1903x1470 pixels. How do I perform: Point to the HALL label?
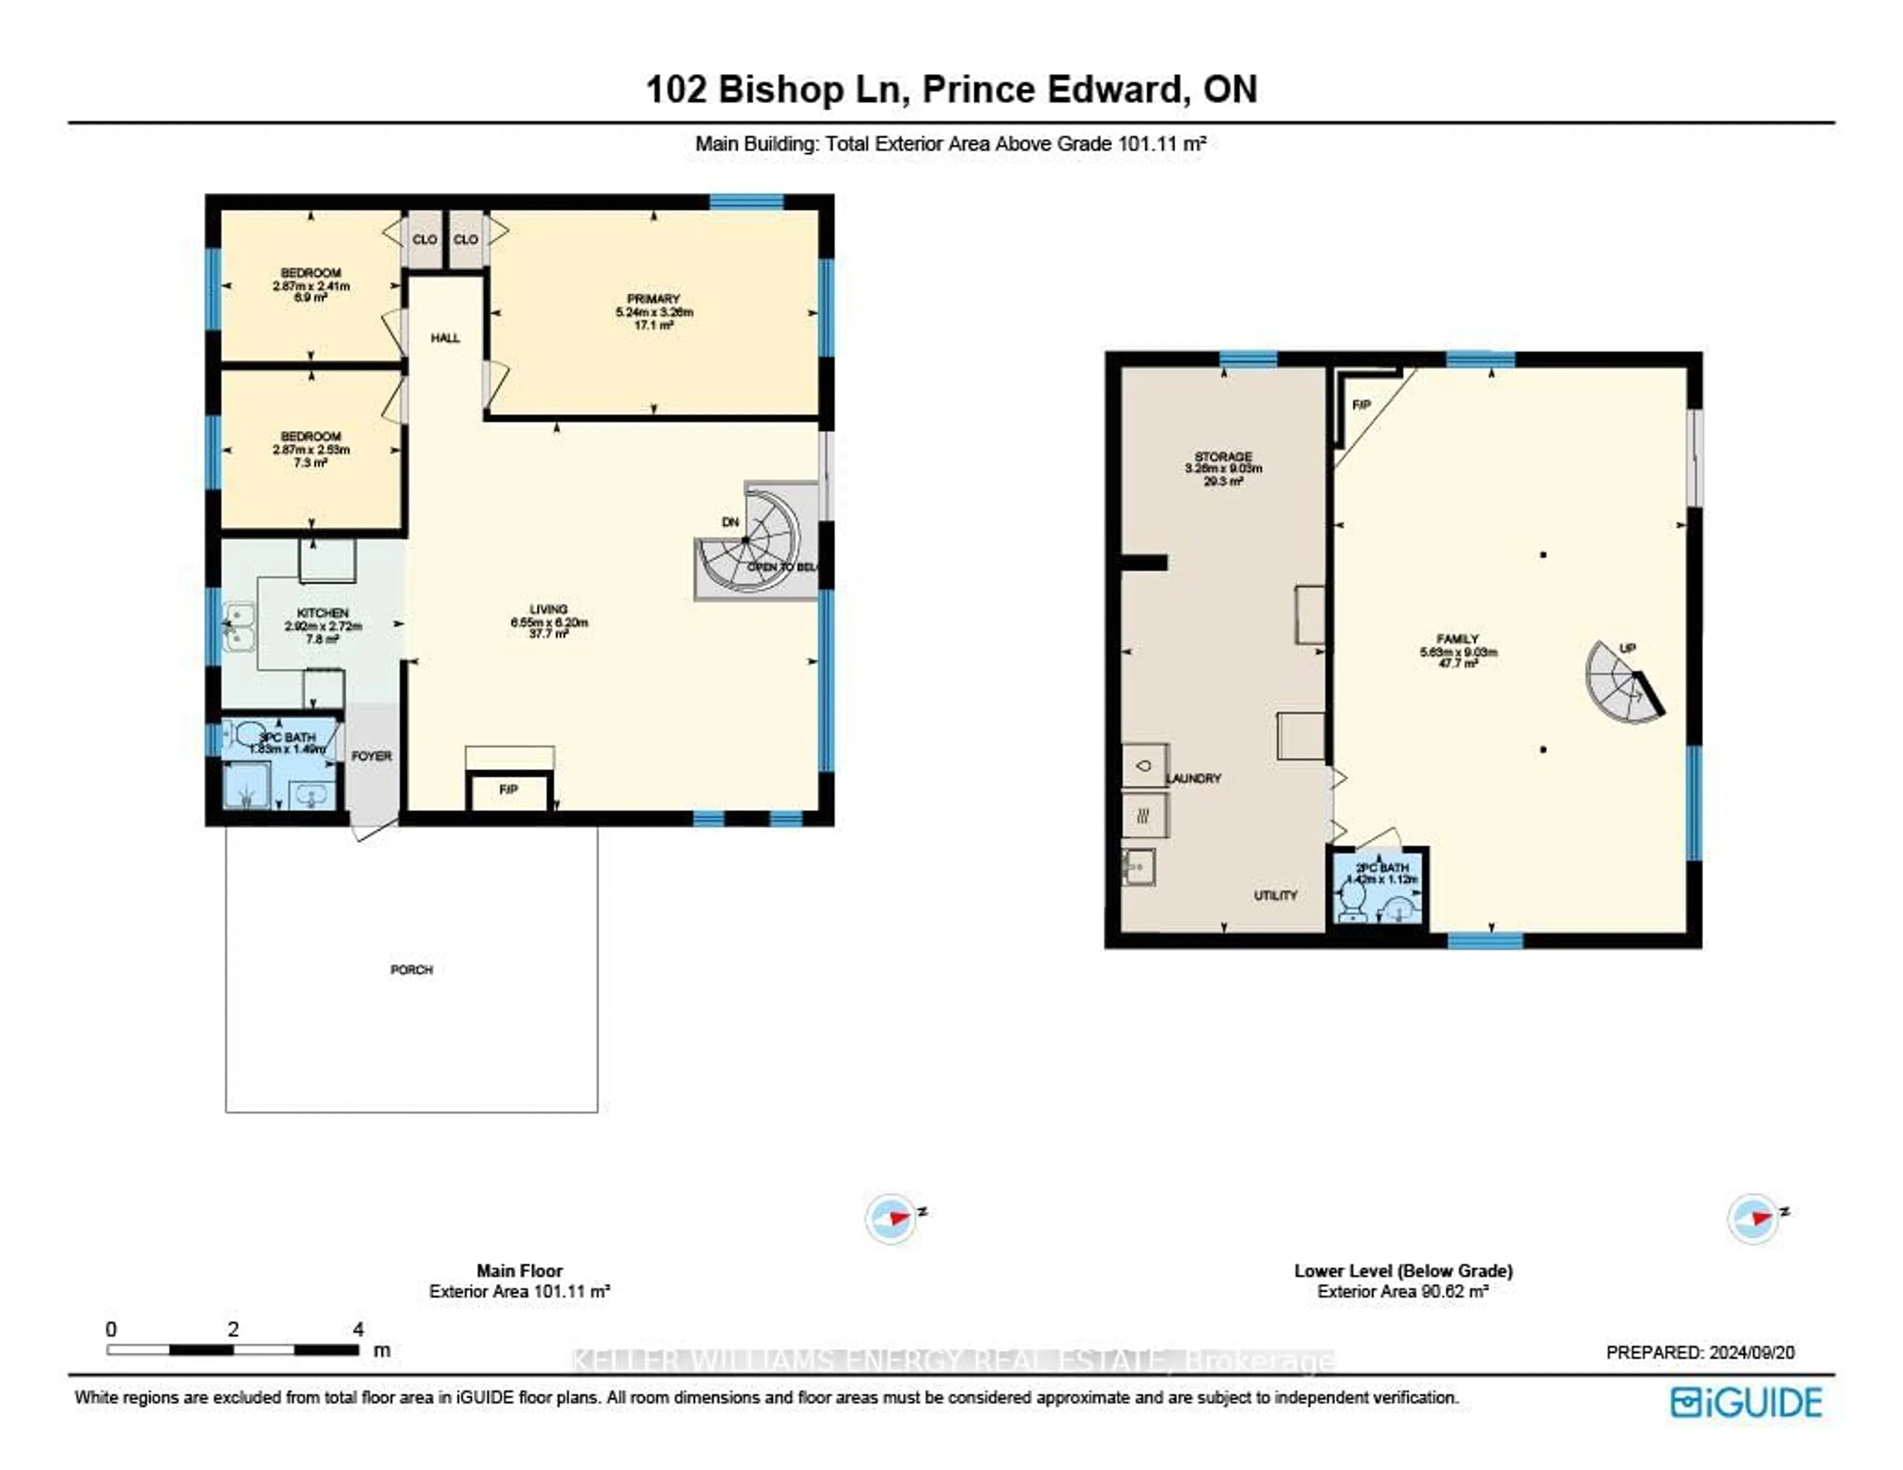point(445,338)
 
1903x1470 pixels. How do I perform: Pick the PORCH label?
point(411,970)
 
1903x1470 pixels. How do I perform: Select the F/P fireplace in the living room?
point(509,791)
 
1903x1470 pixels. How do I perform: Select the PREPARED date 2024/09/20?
point(1700,1353)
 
